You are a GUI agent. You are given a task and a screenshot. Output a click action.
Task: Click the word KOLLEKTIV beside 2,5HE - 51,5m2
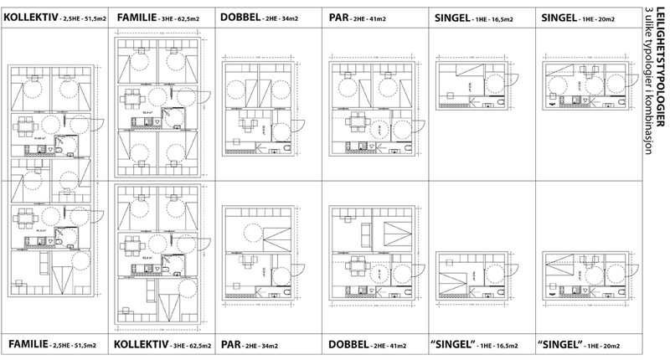click(x=30, y=16)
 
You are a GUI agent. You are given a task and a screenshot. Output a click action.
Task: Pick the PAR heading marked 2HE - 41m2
click(x=339, y=16)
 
